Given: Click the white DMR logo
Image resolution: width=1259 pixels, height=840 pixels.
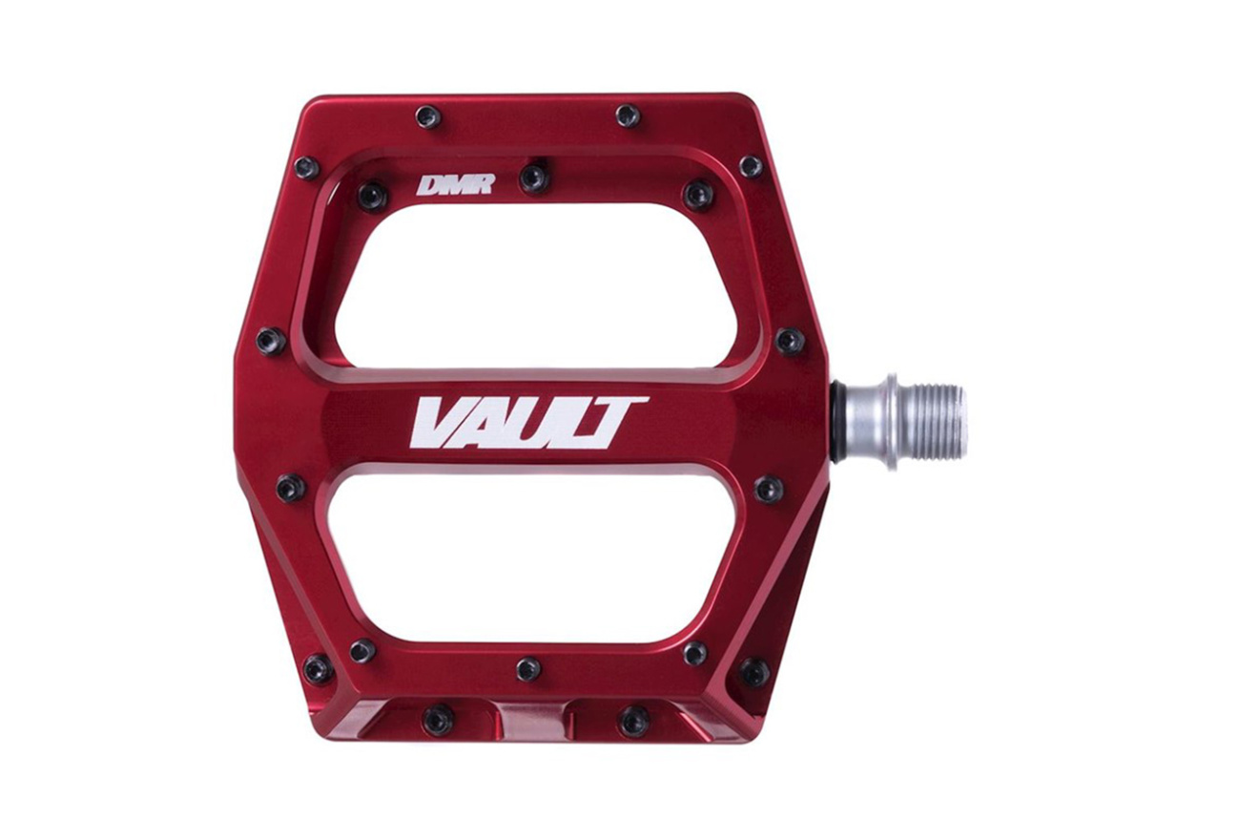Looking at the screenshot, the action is [x=454, y=184].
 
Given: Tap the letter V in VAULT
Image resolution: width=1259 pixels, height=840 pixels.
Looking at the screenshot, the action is [x=443, y=423].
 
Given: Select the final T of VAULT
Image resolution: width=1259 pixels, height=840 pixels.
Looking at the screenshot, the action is [x=619, y=423].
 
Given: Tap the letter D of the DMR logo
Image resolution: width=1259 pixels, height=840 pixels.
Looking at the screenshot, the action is [x=428, y=185].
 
